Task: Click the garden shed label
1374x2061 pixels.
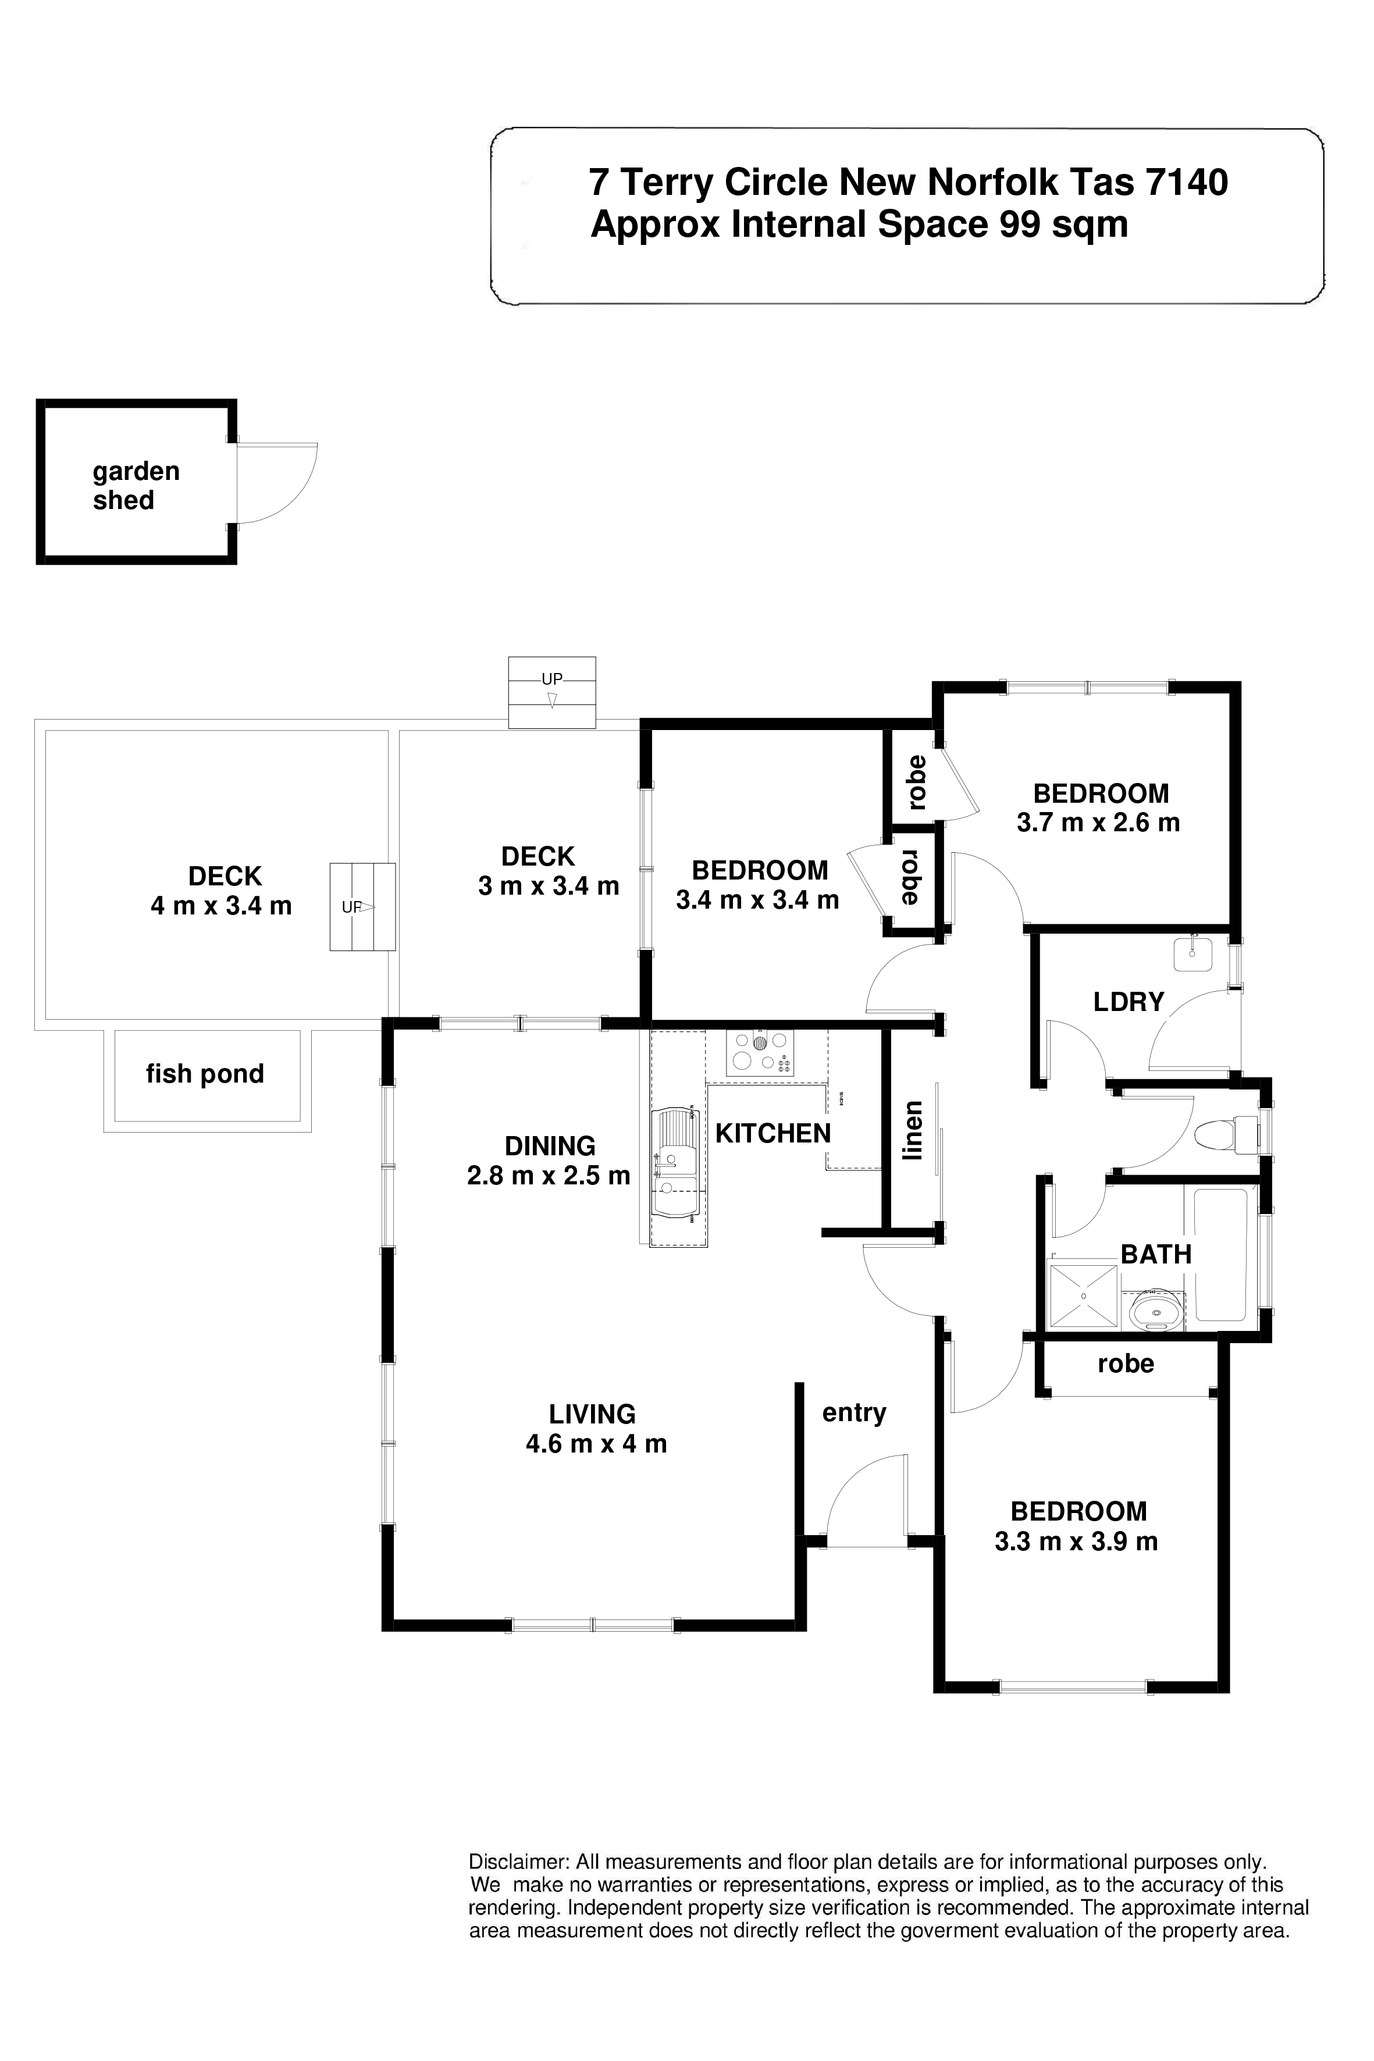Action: point(136,486)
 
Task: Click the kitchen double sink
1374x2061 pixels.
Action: point(675,1163)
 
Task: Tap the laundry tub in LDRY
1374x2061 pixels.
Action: point(1193,953)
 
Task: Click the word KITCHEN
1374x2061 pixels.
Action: point(773,1134)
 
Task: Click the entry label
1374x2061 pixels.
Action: point(855,1414)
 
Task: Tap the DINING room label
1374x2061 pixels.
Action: point(550,1146)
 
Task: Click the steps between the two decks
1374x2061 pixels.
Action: point(362,907)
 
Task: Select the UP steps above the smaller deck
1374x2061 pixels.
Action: point(552,692)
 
